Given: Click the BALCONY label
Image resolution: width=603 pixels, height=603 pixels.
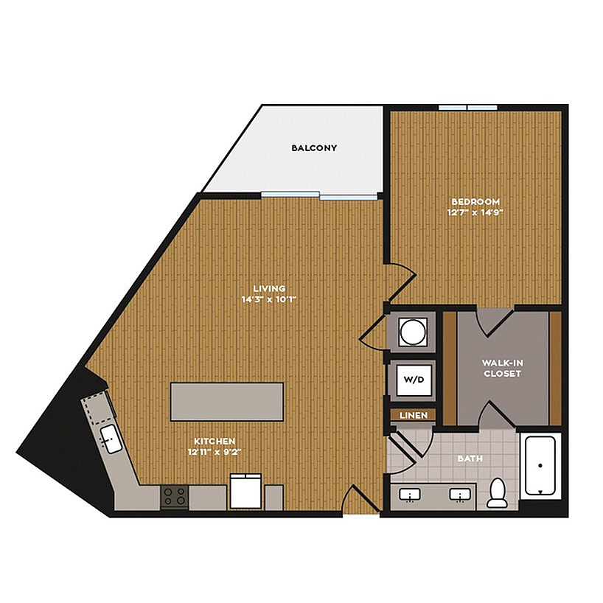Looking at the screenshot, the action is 314,148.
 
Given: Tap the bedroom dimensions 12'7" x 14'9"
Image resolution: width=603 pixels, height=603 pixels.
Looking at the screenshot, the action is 475,212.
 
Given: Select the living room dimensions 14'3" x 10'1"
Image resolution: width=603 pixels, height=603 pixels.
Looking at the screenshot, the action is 269,299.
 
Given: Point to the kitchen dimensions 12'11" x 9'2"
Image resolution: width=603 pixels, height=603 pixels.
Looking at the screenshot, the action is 215,452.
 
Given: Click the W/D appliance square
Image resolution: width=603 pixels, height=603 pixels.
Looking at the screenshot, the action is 414,380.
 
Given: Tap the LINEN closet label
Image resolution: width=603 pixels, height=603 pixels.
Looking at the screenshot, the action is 414,415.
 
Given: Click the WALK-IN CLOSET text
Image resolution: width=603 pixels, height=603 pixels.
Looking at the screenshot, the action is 502,368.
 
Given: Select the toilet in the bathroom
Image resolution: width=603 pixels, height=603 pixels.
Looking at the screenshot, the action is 498,492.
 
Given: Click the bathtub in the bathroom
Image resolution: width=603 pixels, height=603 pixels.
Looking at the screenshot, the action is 540,465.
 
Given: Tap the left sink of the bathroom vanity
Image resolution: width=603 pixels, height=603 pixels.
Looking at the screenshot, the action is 410,495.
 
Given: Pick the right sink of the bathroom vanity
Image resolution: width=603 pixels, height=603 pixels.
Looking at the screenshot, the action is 460,495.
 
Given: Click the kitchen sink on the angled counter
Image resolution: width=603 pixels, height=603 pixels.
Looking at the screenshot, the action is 111,439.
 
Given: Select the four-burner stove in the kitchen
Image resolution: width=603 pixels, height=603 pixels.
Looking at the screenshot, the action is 174,496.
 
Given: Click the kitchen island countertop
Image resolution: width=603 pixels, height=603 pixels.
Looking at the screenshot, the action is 227,402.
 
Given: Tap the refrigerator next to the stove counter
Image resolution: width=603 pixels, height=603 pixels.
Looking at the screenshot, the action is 245,492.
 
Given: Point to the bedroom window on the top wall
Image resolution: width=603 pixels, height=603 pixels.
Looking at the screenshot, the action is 468,108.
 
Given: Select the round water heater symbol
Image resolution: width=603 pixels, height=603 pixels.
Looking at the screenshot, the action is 413,332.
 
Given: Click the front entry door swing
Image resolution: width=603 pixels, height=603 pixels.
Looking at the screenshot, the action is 360,498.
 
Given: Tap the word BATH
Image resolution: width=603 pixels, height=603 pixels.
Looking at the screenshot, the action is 470,459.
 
